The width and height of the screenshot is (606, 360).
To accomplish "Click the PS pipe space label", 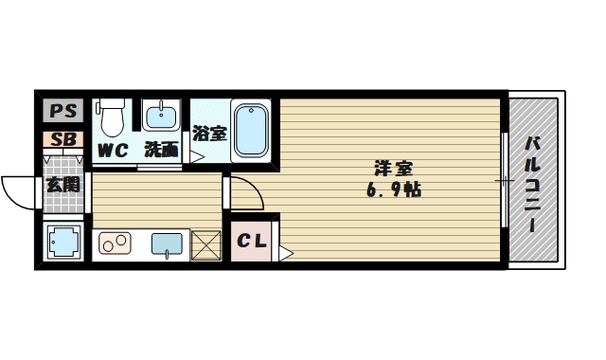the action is (x=63, y=111).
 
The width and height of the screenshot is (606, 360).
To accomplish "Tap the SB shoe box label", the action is (x=63, y=139).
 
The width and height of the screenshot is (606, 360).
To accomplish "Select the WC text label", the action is (x=112, y=151).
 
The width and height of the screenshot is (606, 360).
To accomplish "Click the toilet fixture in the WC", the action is (x=112, y=117).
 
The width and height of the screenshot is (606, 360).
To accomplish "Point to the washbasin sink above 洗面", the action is (x=161, y=115).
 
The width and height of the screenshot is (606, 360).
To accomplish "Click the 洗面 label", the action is (x=162, y=150).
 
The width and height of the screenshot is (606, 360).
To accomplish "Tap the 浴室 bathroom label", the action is (x=209, y=134).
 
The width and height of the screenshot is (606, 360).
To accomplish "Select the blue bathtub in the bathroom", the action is (x=251, y=131).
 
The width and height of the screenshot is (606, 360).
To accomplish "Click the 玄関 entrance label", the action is (x=63, y=185).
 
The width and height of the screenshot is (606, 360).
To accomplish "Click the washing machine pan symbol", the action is (x=63, y=242).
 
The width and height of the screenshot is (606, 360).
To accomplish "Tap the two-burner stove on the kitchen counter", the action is (x=115, y=243).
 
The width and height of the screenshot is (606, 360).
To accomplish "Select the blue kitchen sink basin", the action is (x=167, y=244).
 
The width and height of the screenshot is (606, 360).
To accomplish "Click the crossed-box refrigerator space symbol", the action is (x=205, y=245).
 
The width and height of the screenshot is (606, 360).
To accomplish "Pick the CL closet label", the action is (x=252, y=242).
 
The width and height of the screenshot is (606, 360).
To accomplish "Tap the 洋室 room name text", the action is (x=394, y=169).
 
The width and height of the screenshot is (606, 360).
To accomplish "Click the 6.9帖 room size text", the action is (x=394, y=189).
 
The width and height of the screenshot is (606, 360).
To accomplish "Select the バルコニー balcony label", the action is (x=532, y=184).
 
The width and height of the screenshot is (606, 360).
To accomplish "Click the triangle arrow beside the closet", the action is (x=286, y=254).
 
